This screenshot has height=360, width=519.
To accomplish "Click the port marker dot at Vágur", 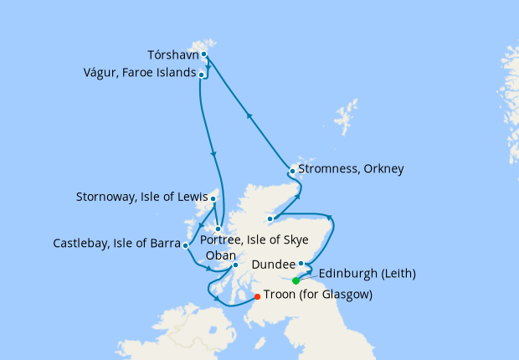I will tap(202, 75).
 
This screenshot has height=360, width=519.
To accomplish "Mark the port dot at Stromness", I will tap(291, 171).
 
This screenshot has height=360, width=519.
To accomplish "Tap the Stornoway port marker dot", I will tap(213, 199).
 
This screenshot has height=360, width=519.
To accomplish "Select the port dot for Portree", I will tap(217, 229).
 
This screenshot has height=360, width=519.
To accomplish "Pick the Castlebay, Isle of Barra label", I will tap(116, 244).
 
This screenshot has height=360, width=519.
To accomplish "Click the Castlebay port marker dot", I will tap(185, 246).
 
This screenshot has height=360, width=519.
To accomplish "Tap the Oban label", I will tap(224, 255).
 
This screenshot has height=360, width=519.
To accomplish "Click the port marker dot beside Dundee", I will tap(301, 264).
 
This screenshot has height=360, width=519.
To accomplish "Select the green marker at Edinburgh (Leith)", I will tap(295, 280).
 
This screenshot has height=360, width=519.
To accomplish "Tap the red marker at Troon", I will tap(256, 296).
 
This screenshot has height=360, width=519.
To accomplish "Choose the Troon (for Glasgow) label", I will tap(317, 296).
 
